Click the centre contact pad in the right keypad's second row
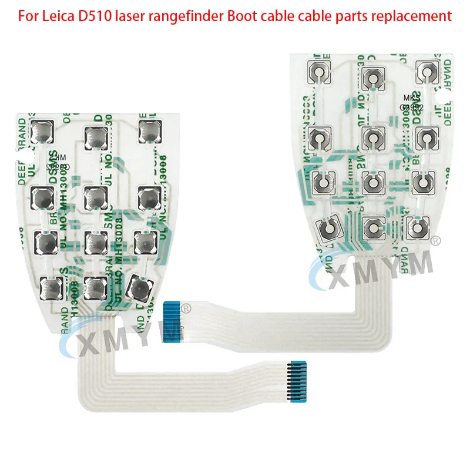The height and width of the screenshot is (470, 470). click(x=372, y=138)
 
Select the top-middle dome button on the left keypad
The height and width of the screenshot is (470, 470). click(x=96, y=136)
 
